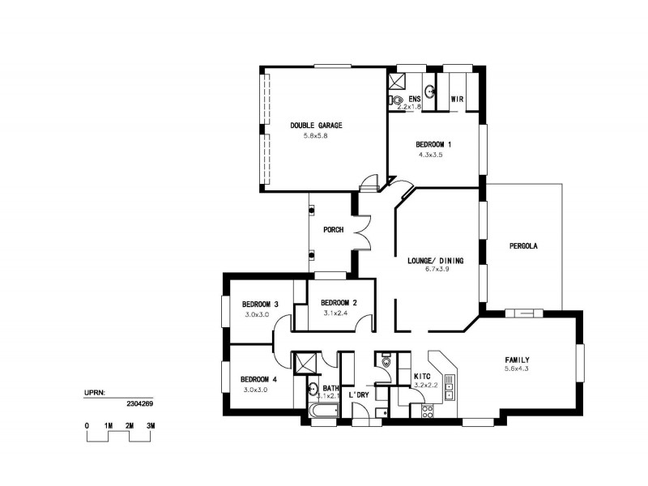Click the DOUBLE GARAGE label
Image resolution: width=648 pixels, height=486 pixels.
click(x=317, y=126)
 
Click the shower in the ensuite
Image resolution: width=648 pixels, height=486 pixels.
click(x=399, y=81)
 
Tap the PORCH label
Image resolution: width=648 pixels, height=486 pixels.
click(x=333, y=230)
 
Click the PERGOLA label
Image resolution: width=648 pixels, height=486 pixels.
click(x=524, y=245)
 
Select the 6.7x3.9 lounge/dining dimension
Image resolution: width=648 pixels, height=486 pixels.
click(x=436, y=270)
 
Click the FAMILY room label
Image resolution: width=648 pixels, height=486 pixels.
click(x=517, y=360)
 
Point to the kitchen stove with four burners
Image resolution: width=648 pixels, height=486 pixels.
click(x=427, y=410)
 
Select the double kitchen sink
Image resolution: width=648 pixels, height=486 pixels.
click(x=451, y=385)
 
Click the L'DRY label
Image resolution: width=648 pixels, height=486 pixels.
click(x=359, y=394)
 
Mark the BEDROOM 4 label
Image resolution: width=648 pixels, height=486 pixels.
click(x=259, y=379)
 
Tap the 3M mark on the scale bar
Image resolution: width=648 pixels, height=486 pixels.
click(x=151, y=425)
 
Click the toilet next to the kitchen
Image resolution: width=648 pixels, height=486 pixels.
click(x=386, y=364)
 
